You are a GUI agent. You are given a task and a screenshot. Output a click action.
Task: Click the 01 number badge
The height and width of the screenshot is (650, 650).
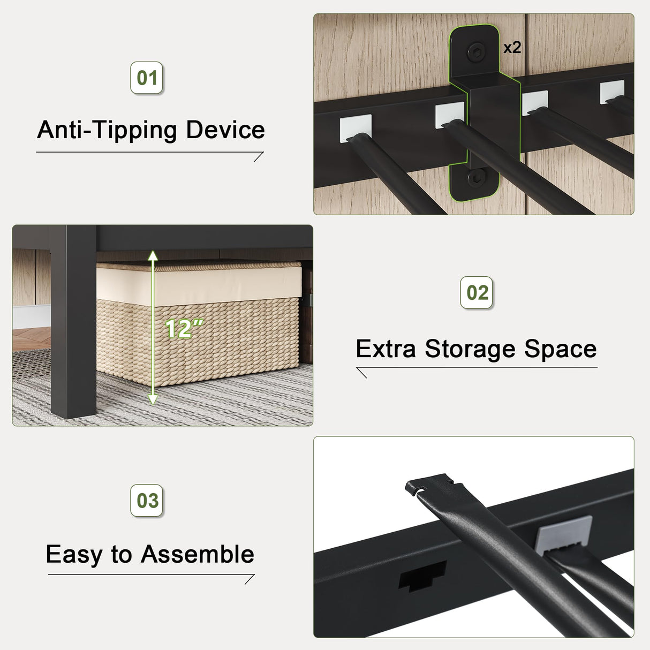pos(147,78)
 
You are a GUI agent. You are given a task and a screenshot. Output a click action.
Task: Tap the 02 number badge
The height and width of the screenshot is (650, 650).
pos(477,293)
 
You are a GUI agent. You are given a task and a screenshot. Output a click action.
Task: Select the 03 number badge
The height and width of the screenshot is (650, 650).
pos(147,501)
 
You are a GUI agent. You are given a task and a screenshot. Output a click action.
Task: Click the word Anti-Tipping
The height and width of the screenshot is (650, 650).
pos(107,130)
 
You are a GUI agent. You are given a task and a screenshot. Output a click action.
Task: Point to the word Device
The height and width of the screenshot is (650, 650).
pos(225,130)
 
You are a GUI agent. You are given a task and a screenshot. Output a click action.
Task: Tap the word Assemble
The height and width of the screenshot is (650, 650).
pos(198,554)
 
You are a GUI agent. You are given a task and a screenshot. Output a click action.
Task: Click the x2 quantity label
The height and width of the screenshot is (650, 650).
pos(512,48)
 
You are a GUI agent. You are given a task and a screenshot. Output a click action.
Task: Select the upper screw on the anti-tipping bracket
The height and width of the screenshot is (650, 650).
pos(476,52)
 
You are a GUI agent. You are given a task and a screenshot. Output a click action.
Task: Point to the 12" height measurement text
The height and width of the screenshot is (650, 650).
pos(184,329)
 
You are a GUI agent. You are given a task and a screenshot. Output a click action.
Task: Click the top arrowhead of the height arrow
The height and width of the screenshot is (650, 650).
pos(153,256)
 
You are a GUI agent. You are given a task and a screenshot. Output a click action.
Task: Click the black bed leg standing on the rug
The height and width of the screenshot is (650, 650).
pos(73,321)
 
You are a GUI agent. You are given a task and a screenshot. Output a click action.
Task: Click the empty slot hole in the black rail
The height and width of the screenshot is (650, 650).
pos(422,576)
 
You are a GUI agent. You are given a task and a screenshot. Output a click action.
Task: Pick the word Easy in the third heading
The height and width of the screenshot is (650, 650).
pos(73,554)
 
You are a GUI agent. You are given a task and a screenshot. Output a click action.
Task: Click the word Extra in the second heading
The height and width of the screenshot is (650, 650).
pos(386,349)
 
